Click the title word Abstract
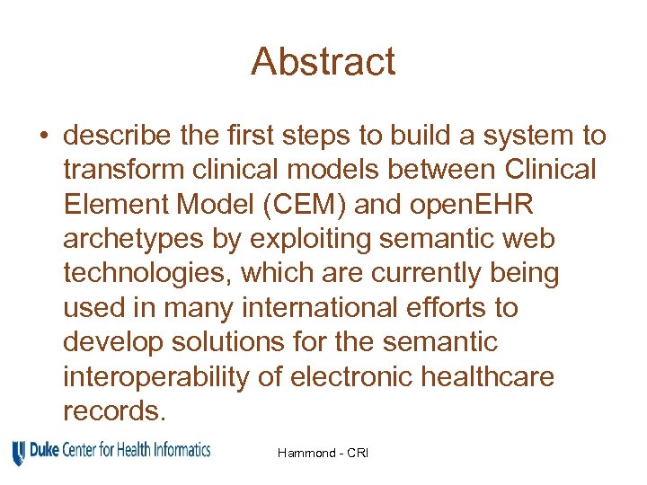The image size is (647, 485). [x=323, y=62]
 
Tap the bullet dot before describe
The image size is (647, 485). [x=43, y=137]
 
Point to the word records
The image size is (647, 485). [x=114, y=410]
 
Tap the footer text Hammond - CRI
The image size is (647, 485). [x=323, y=453]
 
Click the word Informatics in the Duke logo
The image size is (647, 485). [x=179, y=448]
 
